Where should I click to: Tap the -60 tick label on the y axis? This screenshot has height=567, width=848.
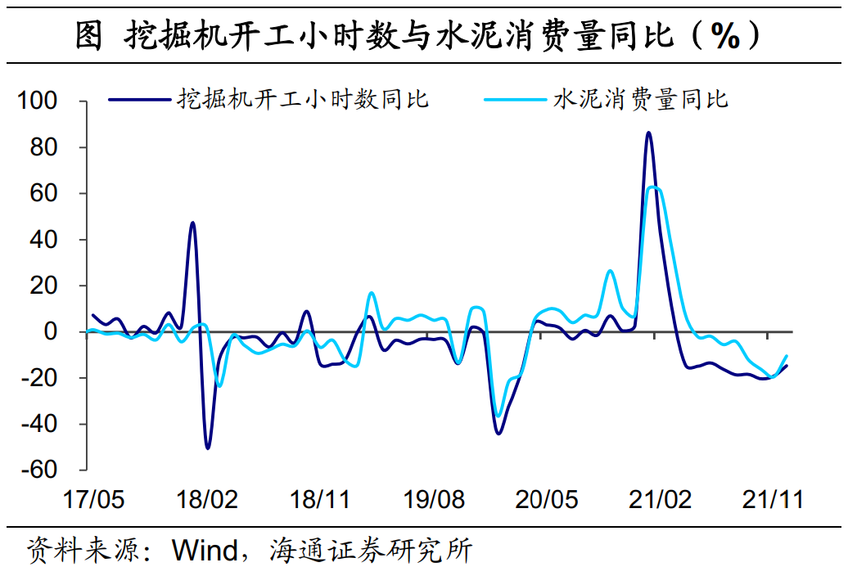tap(38, 470)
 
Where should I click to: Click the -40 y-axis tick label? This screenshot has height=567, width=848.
tap(38, 425)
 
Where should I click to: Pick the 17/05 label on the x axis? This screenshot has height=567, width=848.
tap(95, 499)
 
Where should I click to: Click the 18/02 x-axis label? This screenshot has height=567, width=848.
tap(208, 499)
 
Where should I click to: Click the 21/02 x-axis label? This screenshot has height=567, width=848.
tap(660, 499)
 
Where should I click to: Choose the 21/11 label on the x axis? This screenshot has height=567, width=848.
tap(773, 499)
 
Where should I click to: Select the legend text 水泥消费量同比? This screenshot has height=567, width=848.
tap(641, 100)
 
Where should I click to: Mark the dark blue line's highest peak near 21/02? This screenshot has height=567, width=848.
tap(648, 133)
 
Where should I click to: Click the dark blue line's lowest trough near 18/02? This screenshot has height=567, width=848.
tap(208, 448)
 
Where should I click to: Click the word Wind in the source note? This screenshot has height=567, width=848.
tap(204, 549)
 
